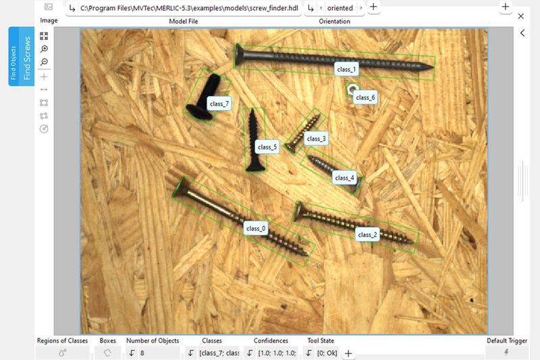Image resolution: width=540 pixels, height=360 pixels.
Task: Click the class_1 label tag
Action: point(346,69)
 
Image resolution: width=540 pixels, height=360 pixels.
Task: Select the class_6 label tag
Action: point(365,97)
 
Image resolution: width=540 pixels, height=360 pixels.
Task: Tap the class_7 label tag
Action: point(219,103)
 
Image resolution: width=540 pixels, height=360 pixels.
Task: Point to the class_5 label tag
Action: point(266,147)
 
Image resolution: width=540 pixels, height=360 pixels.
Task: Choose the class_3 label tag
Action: point(315,139)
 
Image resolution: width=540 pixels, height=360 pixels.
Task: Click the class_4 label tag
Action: point(344,178)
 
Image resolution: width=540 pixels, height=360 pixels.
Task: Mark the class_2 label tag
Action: point(368,234)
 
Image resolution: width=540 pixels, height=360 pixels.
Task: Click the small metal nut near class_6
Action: point(352,89)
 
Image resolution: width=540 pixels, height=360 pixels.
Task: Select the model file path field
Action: point(189,8)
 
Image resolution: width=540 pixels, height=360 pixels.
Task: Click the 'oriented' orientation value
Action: point(335,8)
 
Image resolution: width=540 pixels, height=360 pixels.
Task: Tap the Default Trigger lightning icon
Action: point(506,353)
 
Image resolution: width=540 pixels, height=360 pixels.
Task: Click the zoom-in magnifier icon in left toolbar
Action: point(45,49)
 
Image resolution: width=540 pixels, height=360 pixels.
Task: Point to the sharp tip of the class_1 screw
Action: point(431,67)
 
